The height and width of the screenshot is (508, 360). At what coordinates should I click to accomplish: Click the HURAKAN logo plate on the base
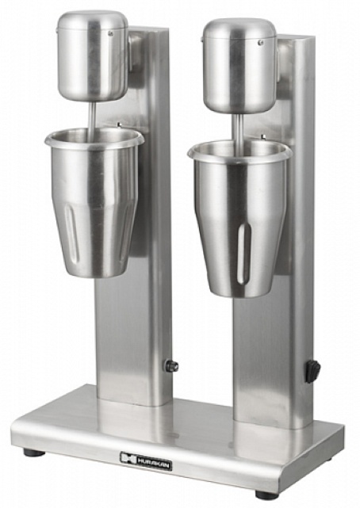coord(146,457)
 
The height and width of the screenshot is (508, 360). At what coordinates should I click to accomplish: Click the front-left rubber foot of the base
coord(33,453)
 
